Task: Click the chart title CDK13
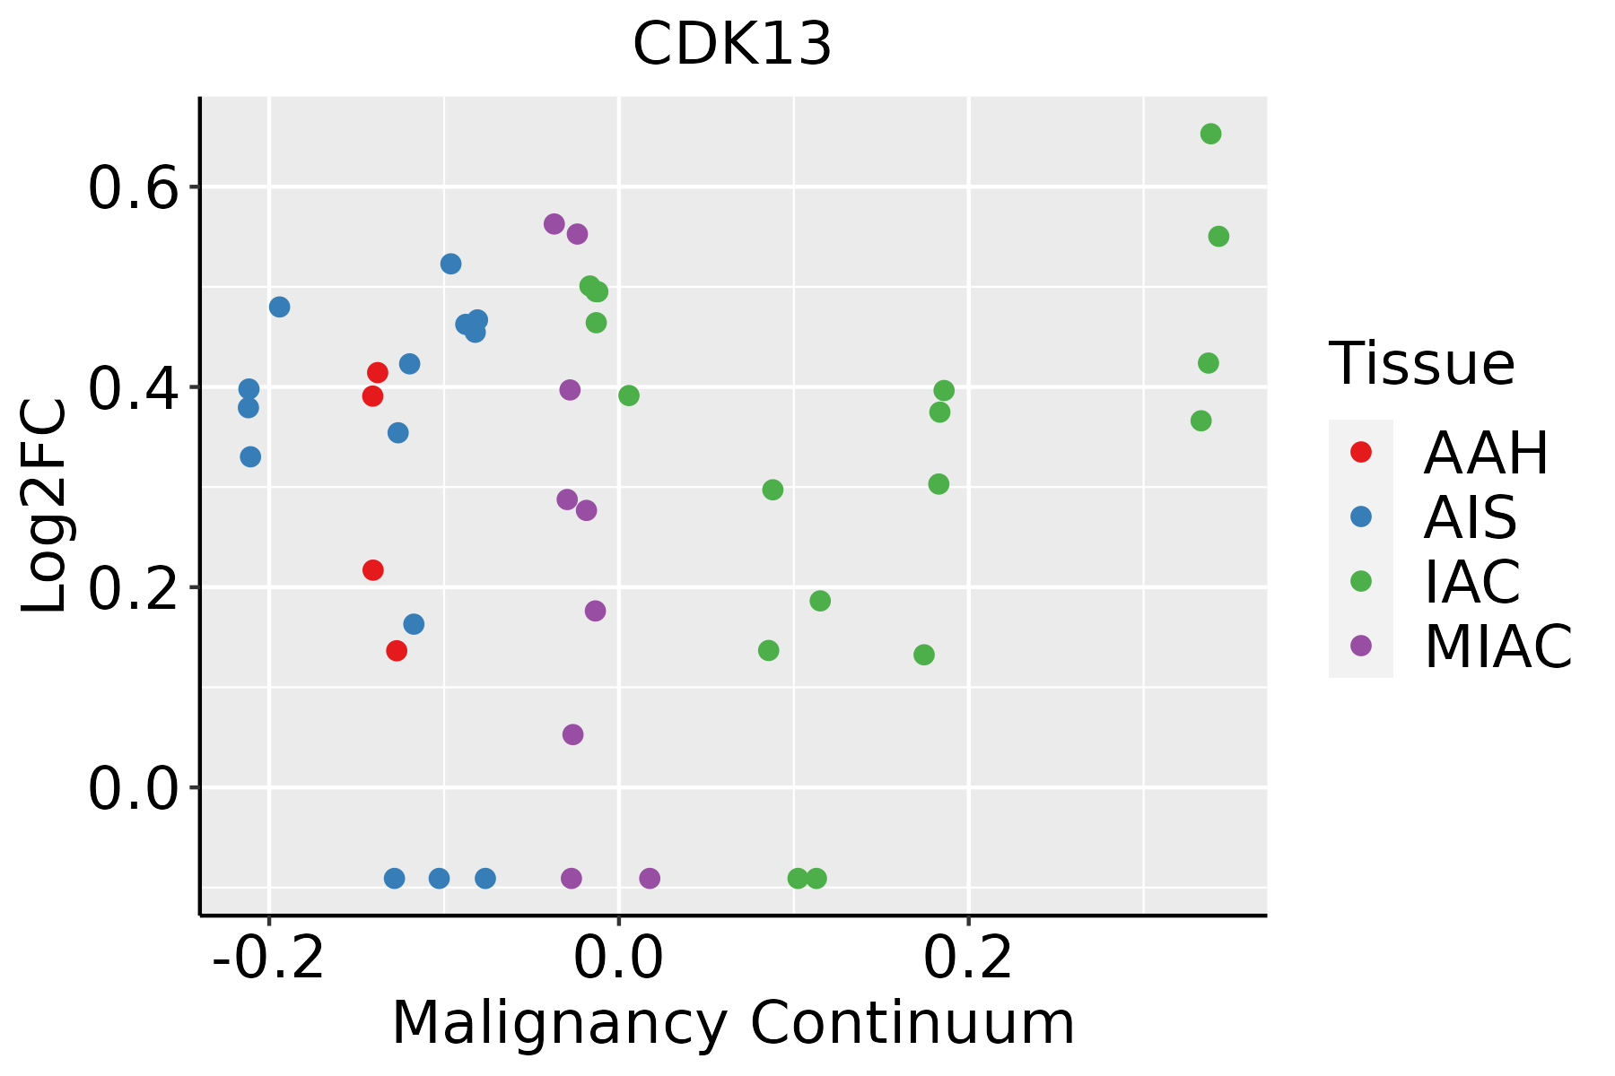pyautogui.click(x=732, y=45)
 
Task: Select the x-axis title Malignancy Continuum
pyautogui.click(x=732, y=1023)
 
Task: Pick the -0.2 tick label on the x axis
pyautogui.click(x=268, y=958)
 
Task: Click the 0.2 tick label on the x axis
pyautogui.click(x=968, y=958)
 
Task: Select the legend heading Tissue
pyautogui.click(x=1422, y=364)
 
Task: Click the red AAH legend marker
pyautogui.click(x=1361, y=452)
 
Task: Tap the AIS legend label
pyautogui.click(x=1470, y=517)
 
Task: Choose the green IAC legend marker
pyautogui.click(x=1361, y=581)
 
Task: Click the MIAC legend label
pyautogui.click(x=1497, y=646)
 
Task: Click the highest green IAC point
pyautogui.click(x=1210, y=134)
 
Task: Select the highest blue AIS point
pyautogui.click(x=451, y=264)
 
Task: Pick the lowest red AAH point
pyautogui.click(x=397, y=650)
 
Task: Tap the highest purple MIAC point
pyautogui.click(x=554, y=224)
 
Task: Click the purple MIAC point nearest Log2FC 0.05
pyautogui.click(x=572, y=734)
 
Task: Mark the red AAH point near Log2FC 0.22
pyautogui.click(x=373, y=570)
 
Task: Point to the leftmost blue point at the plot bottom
pyautogui.click(x=394, y=878)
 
